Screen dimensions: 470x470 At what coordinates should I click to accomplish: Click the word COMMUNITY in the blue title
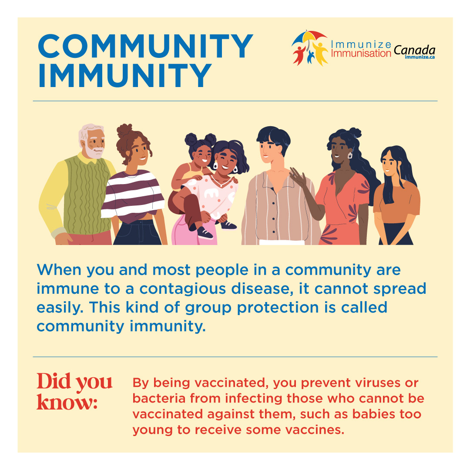[x=145, y=47]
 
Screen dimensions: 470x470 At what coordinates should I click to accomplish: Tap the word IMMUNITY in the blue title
[x=125, y=75]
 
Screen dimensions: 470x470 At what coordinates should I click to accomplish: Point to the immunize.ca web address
[x=420, y=57]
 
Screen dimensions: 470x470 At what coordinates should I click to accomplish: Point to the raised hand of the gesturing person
[x=298, y=176]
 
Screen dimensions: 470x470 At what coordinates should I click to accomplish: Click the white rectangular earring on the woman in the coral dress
[x=349, y=155]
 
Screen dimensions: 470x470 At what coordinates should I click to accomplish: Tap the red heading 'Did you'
[x=74, y=381]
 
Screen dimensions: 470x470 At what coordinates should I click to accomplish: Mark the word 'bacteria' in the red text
[x=155, y=399]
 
